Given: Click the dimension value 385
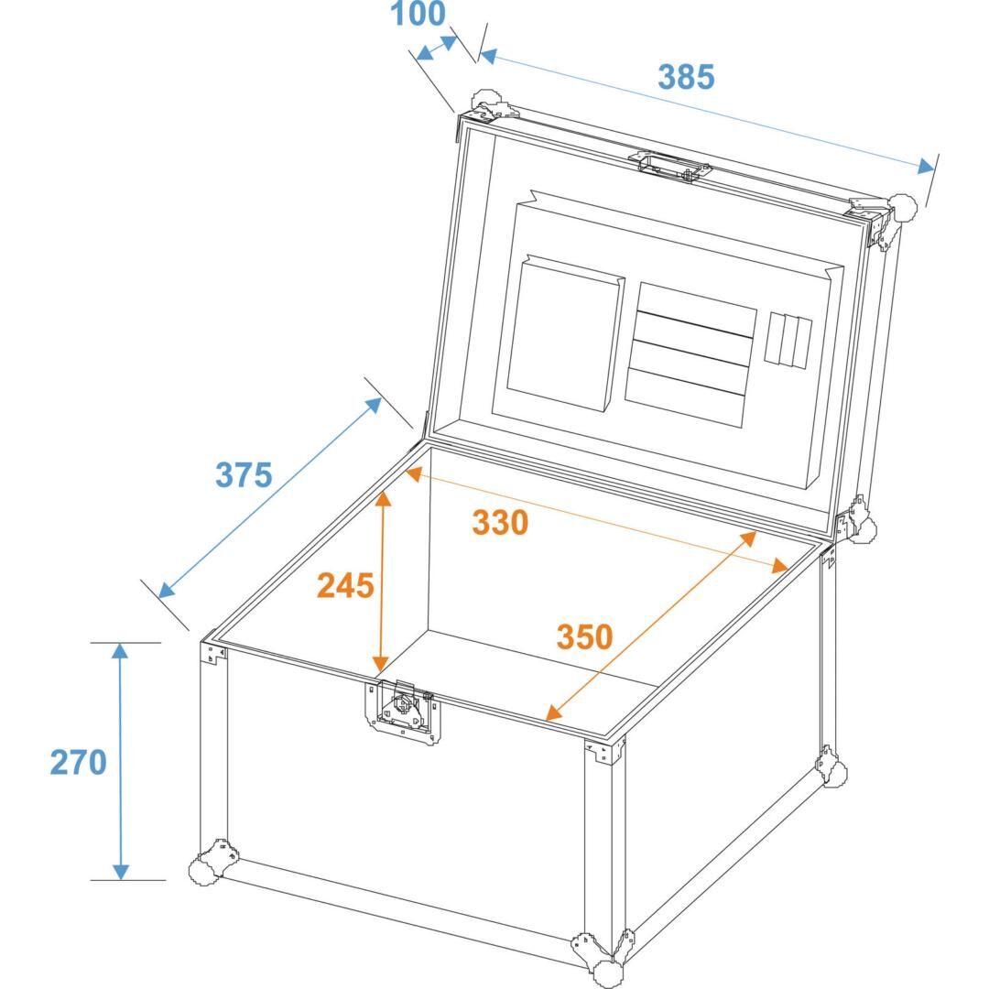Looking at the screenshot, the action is point(686,77).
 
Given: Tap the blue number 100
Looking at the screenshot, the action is point(418,14).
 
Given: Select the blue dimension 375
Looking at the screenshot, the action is point(244,474).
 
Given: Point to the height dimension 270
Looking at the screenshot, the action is point(78,762).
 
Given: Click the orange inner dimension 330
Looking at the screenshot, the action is point(500,522).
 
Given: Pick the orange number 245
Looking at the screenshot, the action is point(345,585).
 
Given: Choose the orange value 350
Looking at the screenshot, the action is point(584,636).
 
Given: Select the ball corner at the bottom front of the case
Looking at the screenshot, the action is point(603,958).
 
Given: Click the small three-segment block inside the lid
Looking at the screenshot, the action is point(788,340).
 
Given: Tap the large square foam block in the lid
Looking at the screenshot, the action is point(564,333).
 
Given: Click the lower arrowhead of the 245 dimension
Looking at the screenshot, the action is point(380,664).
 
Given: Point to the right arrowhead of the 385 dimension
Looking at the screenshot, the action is point(925,167).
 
